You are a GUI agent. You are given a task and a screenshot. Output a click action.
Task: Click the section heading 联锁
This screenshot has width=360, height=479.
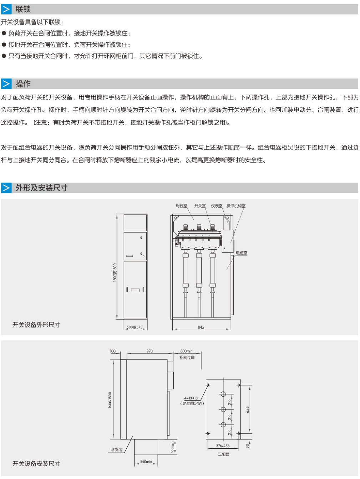pos(23,9)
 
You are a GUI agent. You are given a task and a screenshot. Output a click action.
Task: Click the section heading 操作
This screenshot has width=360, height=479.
pos(23,84)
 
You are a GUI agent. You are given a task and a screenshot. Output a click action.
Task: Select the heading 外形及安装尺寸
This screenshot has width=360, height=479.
pos(41,188)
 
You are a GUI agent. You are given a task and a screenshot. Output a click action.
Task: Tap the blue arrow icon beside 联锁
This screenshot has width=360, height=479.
pos(6,9)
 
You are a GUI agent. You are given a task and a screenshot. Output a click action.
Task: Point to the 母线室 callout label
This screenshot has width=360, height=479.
pos(181,206)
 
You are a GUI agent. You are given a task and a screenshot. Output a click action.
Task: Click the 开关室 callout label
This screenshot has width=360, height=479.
pos(200,206)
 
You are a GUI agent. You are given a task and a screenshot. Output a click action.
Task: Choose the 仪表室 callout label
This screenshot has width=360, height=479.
pos(217,206)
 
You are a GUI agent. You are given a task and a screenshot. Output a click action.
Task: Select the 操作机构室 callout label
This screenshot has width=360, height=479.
pos(236,206)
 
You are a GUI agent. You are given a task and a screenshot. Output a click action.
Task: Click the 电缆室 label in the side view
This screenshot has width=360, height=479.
pos(242,253)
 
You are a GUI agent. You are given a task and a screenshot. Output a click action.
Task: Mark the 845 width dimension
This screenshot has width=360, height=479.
pos(201,327)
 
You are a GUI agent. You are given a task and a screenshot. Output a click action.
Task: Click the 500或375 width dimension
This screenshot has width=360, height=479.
pos(135,327)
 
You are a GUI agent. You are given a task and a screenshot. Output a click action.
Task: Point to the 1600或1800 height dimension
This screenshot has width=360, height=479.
pos(115,272)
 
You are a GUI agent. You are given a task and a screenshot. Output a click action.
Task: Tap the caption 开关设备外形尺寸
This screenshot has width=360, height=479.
pos(36,325)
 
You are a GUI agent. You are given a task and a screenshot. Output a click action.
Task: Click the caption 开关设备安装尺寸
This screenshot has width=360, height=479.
pos(36,463)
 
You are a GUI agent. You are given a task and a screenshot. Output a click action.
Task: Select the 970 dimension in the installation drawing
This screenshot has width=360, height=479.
pos(149,351)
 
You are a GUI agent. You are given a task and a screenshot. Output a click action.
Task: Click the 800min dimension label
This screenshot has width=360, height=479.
pos(186,351)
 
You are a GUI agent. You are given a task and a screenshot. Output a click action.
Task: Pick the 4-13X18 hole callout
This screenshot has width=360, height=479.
pos(191,398)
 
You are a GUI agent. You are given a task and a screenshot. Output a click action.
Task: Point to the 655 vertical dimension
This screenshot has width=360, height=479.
pos(247,409)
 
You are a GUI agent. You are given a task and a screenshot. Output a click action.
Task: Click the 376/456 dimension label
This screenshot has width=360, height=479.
pos(223,446)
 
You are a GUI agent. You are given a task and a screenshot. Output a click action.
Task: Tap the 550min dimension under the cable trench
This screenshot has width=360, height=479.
pos(146,462)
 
